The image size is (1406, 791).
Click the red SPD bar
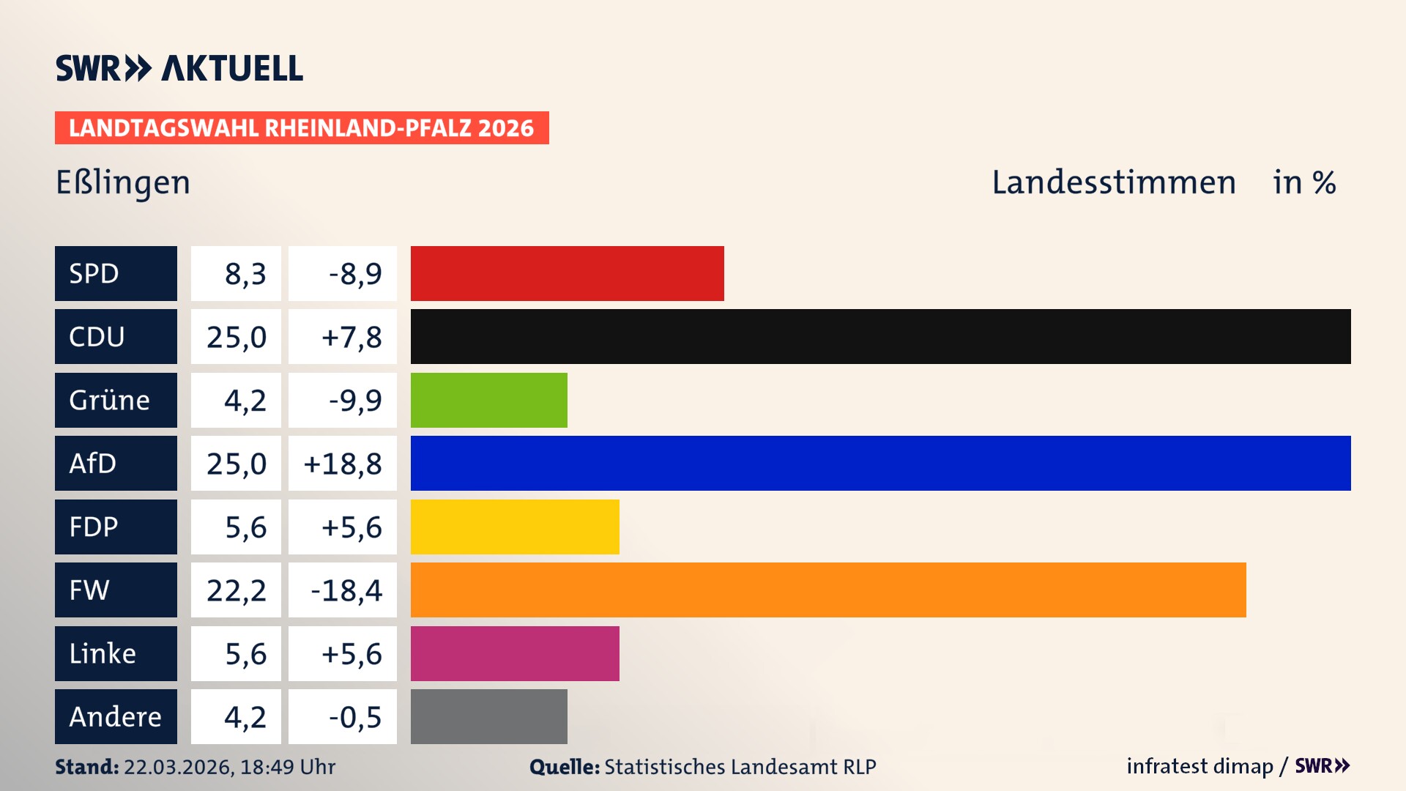point(567,273)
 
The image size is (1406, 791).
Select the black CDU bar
point(880,336)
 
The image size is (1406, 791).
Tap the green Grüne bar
point(488,400)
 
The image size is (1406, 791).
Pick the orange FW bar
point(827,590)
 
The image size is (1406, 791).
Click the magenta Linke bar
point(515,653)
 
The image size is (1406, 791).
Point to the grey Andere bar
point(488,716)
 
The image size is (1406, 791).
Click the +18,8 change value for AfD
point(343,463)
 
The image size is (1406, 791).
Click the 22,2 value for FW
point(237,590)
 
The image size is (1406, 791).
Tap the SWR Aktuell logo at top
point(179,68)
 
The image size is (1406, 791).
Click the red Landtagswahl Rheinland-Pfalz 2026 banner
point(302,127)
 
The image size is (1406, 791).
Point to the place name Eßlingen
point(123,182)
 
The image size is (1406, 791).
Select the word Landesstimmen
point(1113,182)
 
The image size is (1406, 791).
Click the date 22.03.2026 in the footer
point(179,767)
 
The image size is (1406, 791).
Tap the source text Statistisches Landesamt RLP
point(740,767)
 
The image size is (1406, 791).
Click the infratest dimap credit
point(1199,766)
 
